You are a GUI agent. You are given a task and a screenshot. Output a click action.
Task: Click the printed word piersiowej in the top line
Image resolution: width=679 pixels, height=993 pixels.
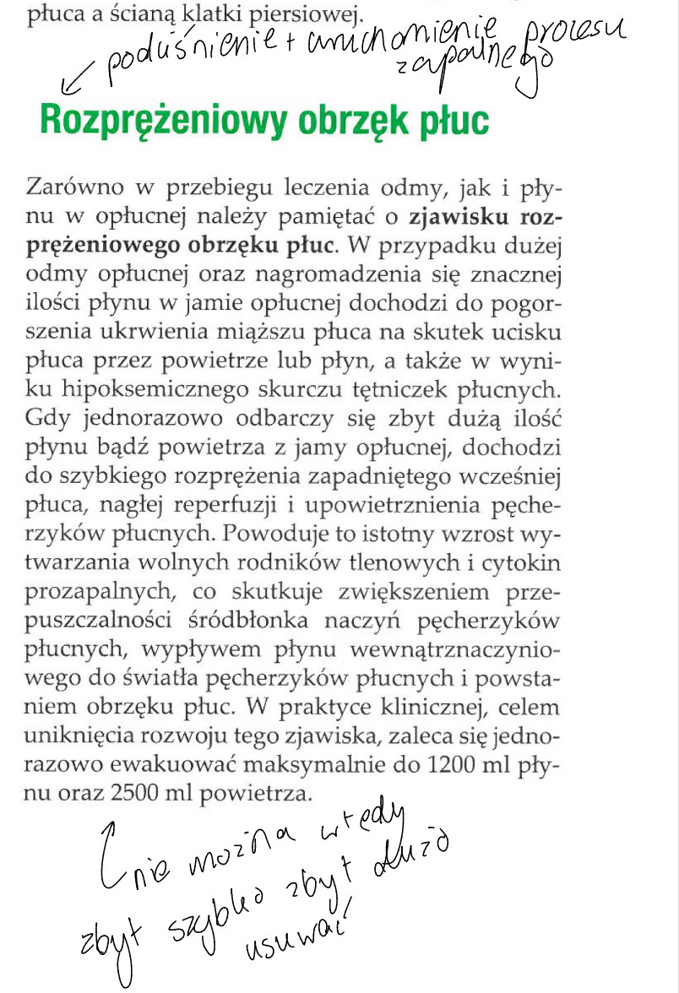(x=312, y=14)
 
